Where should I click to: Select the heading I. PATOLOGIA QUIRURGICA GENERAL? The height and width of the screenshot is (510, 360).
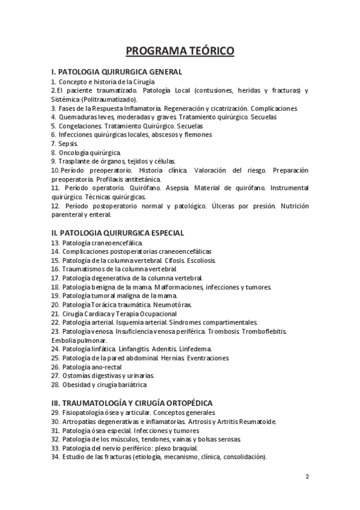(x=117, y=72)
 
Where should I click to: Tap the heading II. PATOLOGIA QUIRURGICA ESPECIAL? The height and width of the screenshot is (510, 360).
(x=118, y=233)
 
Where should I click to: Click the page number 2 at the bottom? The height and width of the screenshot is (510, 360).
(x=307, y=477)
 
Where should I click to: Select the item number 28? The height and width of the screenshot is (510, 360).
(x=55, y=384)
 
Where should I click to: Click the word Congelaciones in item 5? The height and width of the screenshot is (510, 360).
(x=80, y=126)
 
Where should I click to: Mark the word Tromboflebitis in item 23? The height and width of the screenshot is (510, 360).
(x=261, y=331)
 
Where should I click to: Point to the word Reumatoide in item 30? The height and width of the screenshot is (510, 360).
(x=255, y=422)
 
